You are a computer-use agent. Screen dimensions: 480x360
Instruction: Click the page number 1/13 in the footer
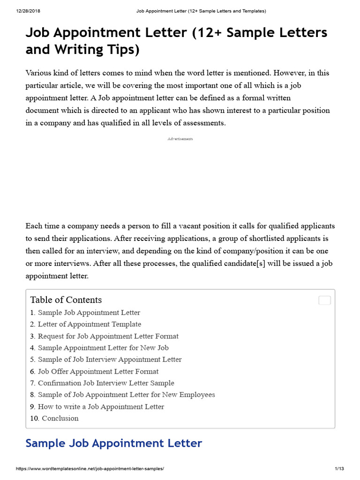click(x=340, y=469)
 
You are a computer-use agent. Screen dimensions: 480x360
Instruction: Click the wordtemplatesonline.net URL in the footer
click(x=90, y=469)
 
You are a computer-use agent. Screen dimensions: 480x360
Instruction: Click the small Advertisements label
click(x=180, y=139)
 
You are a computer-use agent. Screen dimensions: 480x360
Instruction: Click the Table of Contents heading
click(x=66, y=300)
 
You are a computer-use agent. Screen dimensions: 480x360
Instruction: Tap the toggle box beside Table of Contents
click(x=324, y=300)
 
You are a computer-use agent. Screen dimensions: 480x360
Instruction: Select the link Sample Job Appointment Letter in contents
click(x=89, y=313)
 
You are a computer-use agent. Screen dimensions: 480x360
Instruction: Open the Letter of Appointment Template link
click(x=89, y=324)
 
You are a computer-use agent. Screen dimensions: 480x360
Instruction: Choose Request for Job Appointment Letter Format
click(x=108, y=336)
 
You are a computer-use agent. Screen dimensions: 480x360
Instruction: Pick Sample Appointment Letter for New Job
click(x=103, y=348)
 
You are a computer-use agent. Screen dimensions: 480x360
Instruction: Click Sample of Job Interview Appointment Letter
click(x=110, y=360)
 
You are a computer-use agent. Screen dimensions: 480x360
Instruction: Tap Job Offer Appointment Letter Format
click(x=98, y=372)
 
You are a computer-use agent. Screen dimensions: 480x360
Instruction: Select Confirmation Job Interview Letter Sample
click(x=106, y=383)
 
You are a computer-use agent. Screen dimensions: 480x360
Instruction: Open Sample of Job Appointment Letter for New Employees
click(x=126, y=395)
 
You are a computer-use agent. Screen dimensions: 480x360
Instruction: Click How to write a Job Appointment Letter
click(x=101, y=407)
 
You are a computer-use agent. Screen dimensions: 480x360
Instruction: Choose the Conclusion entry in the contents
click(x=60, y=419)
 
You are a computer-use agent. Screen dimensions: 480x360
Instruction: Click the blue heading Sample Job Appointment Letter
click(x=113, y=443)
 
